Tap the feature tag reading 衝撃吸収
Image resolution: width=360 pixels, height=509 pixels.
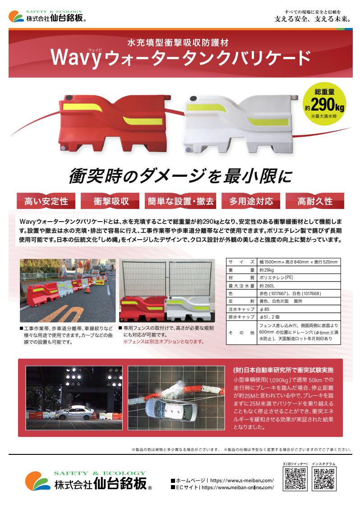tap(111, 201)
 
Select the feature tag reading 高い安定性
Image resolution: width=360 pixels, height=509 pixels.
tap(46, 201)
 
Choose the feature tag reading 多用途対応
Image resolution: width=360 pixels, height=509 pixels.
tap(251, 201)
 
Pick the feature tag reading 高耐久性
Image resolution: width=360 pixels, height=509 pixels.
tap(315, 201)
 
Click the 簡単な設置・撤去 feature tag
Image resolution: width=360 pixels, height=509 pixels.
tap(180, 201)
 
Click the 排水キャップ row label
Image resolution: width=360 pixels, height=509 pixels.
tap(241, 317)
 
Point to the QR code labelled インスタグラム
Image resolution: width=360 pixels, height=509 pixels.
tap(323, 478)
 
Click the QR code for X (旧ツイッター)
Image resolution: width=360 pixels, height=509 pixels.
tap(295, 478)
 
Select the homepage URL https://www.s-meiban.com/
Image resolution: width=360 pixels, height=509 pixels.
tap(242, 481)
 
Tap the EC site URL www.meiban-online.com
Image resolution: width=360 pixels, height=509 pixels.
tap(238, 488)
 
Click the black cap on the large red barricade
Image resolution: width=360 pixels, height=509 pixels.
tap(69, 98)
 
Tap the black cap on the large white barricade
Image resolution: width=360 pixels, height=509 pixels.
tap(193, 99)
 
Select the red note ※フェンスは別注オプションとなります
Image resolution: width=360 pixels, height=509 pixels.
tap(164, 342)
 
